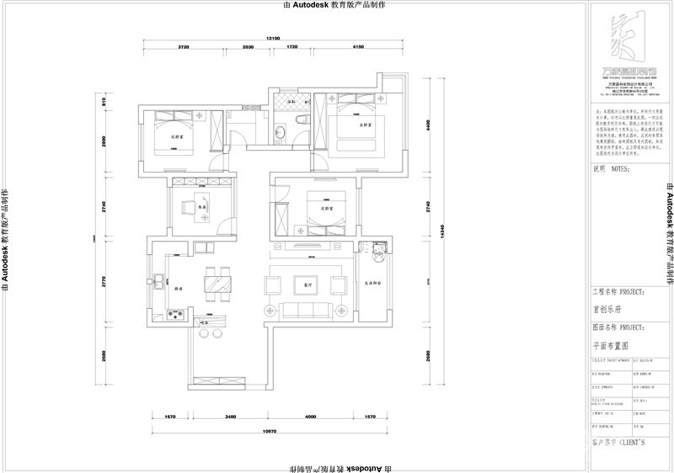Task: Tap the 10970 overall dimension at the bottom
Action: tap(270, 432)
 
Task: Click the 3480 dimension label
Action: tap(225, 417)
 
